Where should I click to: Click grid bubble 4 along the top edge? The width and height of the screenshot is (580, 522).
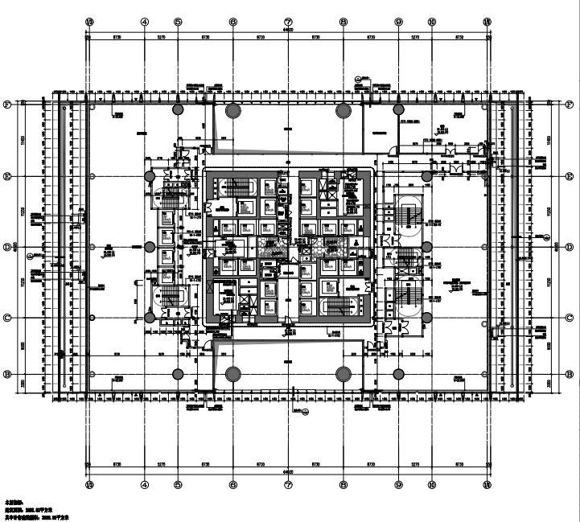point(145,23)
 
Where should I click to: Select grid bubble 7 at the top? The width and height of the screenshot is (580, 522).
point(288,23)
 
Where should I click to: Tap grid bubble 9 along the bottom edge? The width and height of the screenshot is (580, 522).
point(399,485)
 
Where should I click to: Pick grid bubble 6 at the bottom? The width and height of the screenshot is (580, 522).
point(233,485)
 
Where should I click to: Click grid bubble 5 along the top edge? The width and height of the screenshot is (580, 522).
point(178,23)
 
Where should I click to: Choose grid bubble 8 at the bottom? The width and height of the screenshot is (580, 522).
point(343,485)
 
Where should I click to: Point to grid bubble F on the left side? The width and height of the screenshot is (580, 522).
point(7,105)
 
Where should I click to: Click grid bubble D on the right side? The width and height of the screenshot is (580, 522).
point(570,247)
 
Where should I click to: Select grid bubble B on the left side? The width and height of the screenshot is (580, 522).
point(7,374)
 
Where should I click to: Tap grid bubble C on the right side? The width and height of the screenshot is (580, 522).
point(570,318)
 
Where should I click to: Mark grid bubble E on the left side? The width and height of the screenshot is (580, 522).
point(7,176)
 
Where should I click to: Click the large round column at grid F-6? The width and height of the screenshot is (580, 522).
point(233,110)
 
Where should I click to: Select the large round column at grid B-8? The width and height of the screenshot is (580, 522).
point(343,374)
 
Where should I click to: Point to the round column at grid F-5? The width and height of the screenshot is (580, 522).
point(178,109)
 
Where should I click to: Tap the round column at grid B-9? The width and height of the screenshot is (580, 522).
point(399,374)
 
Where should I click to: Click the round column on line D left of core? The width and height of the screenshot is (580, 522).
point(150,247)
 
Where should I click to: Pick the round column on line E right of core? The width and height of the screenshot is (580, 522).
point(426,176)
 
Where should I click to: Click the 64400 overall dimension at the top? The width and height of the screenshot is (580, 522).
point(288,31)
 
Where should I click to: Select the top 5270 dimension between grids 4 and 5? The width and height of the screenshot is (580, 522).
point(161,37)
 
